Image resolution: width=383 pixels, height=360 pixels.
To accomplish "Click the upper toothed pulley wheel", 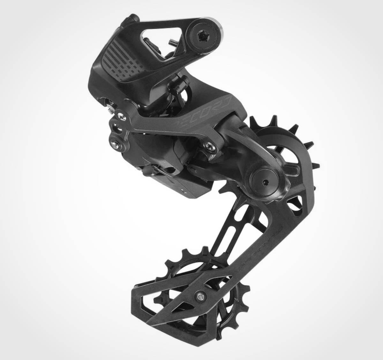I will pos(287,144).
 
